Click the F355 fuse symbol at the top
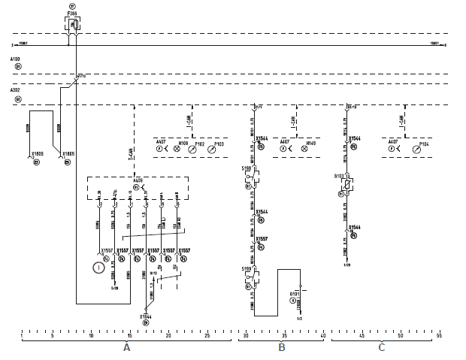(x=73, y=24)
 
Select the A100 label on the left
(x=16, y=58)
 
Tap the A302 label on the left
(x=16, y=89)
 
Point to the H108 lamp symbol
(x=177, y=150)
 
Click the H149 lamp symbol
(x=304, y=150)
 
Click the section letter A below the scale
(x=126, y=347)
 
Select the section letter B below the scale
(x=281, y=347)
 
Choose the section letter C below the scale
(x=381, y=347)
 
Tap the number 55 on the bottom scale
(x=439, y=336)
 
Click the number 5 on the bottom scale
(x=51, y=336)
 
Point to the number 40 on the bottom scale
(x=322, y=336)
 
